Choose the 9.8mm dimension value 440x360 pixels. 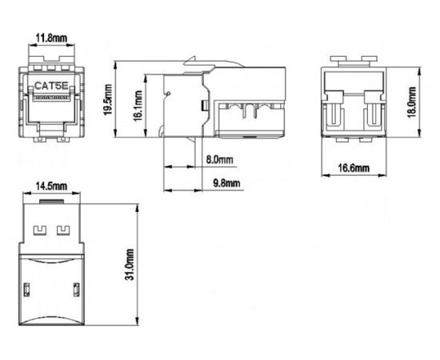(x=226, y=183)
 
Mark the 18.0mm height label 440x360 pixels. (x=410, y=102)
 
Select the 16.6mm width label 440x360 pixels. (x=354, y=168)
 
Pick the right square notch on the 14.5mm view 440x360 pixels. (x=63, y=232)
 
